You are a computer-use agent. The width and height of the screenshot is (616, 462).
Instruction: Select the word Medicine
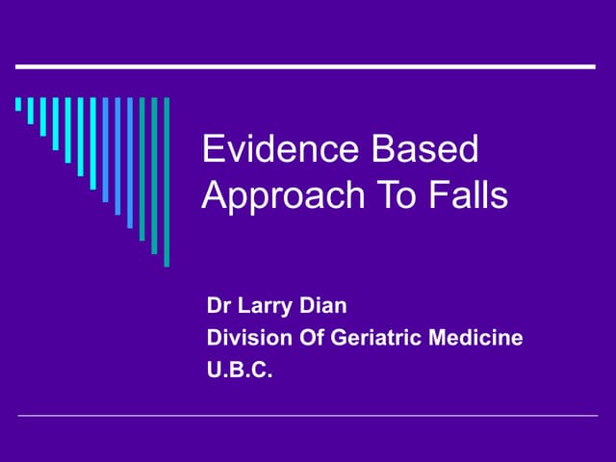click(x=478, y=338)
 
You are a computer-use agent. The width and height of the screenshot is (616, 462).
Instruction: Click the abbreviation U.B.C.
click(x=240, y=368)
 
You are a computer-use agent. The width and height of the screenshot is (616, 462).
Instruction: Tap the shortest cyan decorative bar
click(x=18, y=104)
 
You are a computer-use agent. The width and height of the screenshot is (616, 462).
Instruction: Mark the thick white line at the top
click(x=306, y=66)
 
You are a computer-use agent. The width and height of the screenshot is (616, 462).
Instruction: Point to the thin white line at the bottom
click(x=308, y=416)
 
